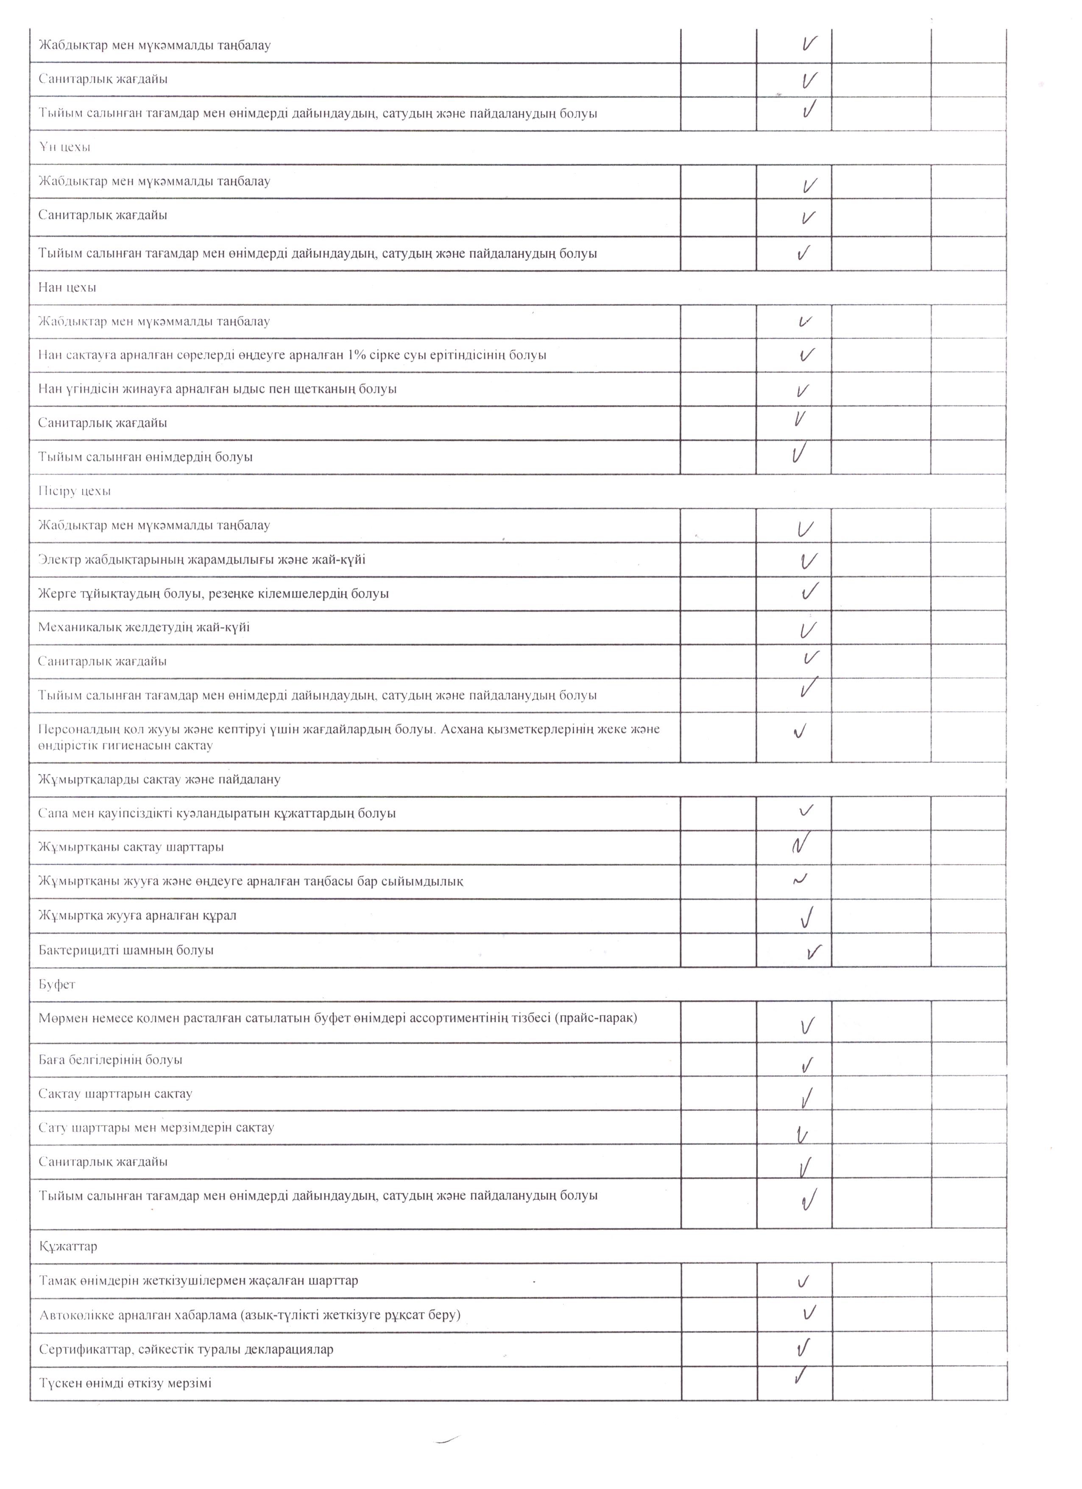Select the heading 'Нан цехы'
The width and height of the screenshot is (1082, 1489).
coord(67,288)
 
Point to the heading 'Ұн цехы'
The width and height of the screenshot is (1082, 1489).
coord(64,147)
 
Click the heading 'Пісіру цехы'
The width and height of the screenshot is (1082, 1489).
coord(74,491)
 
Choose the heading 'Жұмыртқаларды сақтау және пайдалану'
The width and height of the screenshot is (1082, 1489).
coord(159,779)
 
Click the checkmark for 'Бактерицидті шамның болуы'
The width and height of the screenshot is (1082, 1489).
coord(814,951)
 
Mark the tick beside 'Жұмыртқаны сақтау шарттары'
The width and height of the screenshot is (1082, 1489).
coord(800,843)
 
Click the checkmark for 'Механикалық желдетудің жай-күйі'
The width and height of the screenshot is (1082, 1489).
coord(808,630)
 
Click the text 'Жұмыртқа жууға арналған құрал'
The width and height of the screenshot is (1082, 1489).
coord(137,915)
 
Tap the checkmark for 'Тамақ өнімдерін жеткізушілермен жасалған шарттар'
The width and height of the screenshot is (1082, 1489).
coord(803,1281)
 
